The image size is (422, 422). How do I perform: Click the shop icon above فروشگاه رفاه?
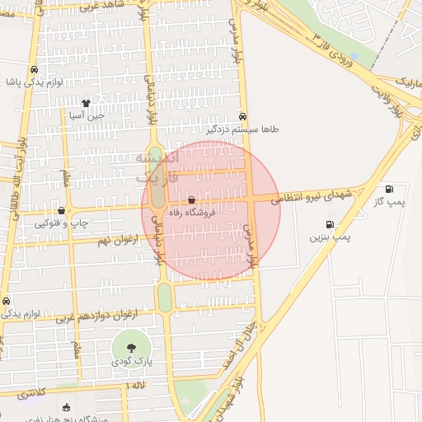tap(192, 200)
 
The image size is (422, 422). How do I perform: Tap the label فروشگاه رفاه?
tap(192, 212)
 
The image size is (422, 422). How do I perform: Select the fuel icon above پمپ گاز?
tap(388, 189)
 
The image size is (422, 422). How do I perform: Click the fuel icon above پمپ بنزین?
tap(331, 224)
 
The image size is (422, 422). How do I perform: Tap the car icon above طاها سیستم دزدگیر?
tap(242, 117)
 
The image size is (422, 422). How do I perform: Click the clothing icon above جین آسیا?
tap(87, 103)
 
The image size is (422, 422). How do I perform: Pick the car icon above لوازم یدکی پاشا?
tap(34, 71)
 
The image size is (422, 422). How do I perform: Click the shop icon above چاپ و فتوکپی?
tap(63, 211)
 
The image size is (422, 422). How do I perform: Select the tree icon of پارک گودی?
tap(132, 347)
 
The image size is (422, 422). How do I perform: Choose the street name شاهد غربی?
tap(105, 6)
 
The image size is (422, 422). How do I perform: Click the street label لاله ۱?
tap(135, 386)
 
